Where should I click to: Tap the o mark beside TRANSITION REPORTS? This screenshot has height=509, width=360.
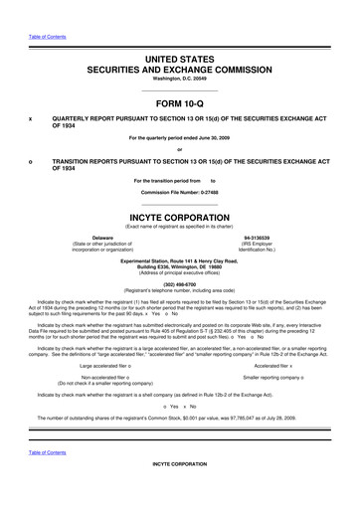pyautogui.click(x=31, y=160)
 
